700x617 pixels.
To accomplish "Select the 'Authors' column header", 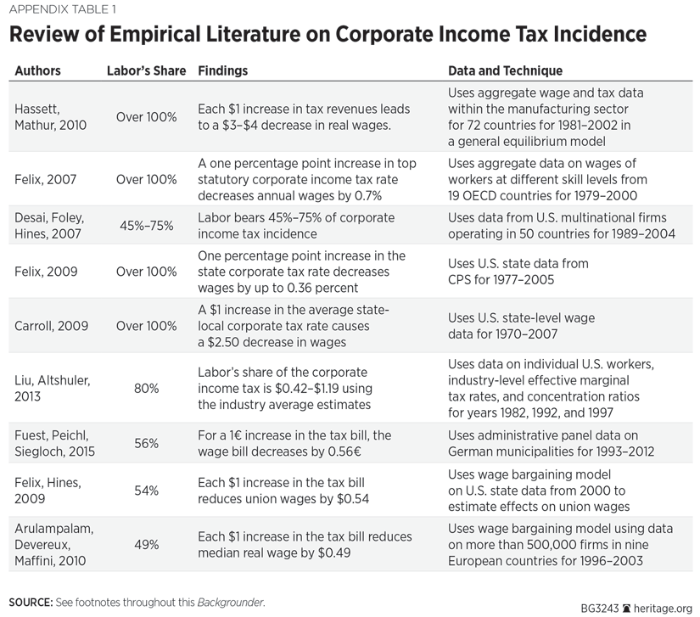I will [x=37, y=70].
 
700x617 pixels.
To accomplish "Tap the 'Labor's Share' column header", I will [x=146, y=70].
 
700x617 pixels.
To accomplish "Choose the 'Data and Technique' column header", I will [x=505, y=70].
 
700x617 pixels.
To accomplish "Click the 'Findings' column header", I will [x=223, y=70].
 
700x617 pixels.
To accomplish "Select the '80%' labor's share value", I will [x=146, y=389].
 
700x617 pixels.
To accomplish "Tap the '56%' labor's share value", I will [x=146, y=443].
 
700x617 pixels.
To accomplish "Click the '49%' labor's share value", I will [x=146, y=544].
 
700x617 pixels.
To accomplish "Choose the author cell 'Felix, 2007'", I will [x=47, y=179].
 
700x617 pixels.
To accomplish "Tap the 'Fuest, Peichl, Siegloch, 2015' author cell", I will [x=53, y=442].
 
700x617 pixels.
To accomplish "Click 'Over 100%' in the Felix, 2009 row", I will [x=146, y=272].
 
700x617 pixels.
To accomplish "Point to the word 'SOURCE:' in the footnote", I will [x=31, y=603].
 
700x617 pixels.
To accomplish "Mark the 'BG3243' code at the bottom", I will [x=600, y=607].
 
